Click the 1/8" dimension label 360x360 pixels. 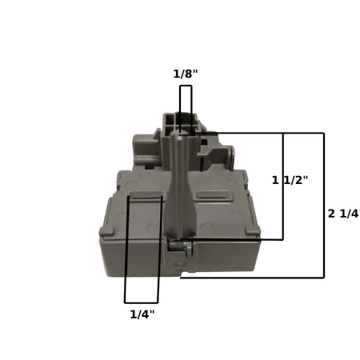186,74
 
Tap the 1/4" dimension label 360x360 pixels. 142,314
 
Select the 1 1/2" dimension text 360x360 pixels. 290,180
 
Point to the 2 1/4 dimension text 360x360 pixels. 343,214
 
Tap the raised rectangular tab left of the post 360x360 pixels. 146,195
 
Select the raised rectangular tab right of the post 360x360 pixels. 213,194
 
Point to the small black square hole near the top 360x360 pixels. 204,141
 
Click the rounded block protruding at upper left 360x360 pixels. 146,148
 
